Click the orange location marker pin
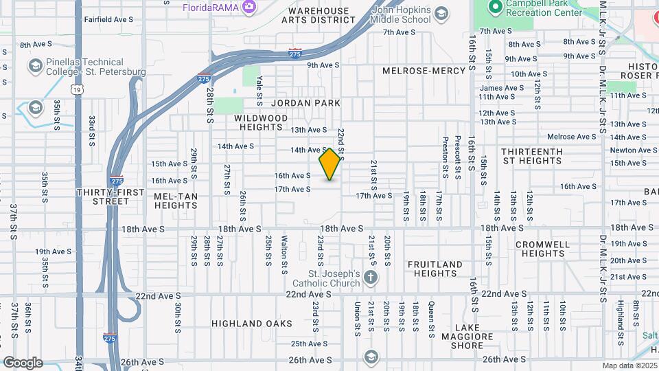(330, 164)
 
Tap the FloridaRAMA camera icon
(249, 8)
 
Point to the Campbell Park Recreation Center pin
(493, 7)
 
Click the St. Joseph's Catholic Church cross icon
(371, 278)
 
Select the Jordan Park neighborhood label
(305, 103)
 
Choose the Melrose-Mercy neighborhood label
(424, 71)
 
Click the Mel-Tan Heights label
(176, 200)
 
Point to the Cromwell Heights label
(542, 249)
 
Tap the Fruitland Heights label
(436, 269)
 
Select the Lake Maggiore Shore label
(473, 336)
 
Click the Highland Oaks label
(252, 323)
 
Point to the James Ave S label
(501, 88)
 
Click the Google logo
(23, 363)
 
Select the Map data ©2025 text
(629, 366)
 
